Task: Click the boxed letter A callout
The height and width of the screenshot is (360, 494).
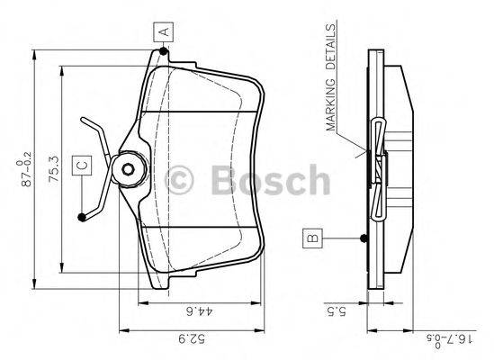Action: tap(164, 32)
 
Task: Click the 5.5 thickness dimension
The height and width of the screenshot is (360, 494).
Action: tap(331, 313)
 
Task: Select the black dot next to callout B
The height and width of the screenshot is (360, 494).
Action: tap(364, 238)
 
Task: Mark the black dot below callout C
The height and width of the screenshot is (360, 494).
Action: tap(83, 215)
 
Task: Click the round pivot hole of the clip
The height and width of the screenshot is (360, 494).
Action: tap(128, 168)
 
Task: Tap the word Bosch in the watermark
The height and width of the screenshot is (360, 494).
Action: tap(265, 179)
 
